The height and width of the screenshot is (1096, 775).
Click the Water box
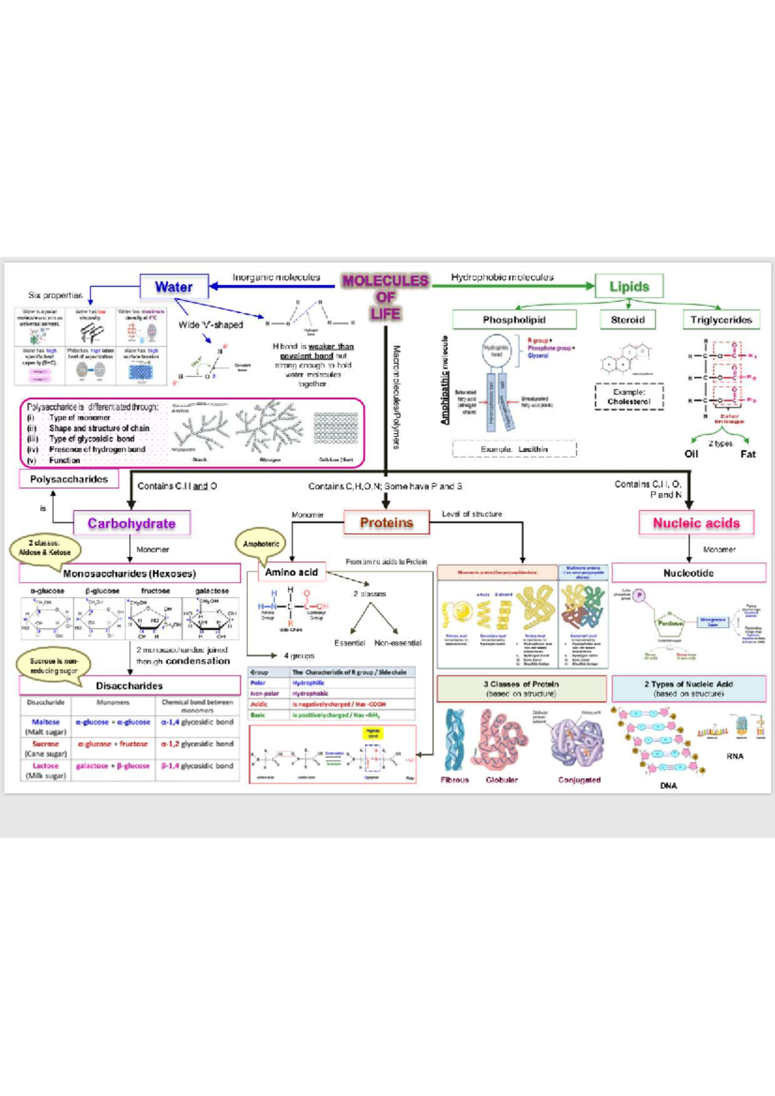[174, 287]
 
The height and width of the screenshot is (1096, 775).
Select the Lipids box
[629, 287]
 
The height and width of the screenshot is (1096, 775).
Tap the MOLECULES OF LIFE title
[385, 297]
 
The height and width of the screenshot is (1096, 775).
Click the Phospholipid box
[514, 320]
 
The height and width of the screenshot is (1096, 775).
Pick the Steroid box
[628, 320]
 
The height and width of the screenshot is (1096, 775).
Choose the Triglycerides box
[721, 320]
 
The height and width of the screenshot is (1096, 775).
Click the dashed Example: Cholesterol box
[628, 396]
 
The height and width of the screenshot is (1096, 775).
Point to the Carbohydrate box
[132, 523]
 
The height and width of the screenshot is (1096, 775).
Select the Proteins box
[386, 523]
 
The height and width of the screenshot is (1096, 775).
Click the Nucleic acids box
[696, 523]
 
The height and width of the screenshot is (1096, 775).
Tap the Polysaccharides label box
[68, 479]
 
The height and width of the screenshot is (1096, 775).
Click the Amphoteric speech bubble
[261, 544]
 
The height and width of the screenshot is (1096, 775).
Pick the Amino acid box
[291, 572]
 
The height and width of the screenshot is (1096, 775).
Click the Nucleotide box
[688, 573]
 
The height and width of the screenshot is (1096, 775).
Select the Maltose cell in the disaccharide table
[45, 722]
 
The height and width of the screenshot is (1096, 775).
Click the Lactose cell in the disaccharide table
[45, 766]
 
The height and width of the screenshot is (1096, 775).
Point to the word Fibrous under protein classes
[455, 780]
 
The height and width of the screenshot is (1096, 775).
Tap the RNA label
[735, 756]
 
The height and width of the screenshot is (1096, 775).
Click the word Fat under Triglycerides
[748, 454]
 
